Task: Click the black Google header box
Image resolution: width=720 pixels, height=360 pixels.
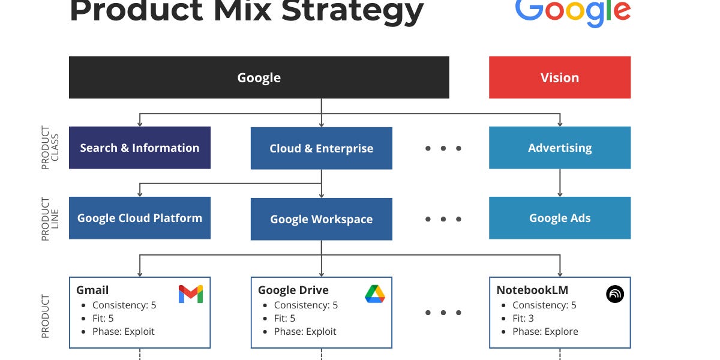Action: point(259,77)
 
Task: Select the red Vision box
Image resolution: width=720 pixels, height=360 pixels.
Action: point(559,77)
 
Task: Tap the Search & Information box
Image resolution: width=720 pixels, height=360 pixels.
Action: point(139,148)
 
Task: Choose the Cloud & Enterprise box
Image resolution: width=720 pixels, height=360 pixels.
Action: point(321,148)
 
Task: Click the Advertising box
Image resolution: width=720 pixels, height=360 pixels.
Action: point(559,148)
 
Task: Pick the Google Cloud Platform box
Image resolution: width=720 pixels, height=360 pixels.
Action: point(139,218)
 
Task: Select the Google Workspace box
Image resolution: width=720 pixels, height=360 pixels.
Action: point(321,219)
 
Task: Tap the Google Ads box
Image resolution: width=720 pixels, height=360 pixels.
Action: point(559,218)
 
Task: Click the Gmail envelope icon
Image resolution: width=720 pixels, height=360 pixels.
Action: point(191,294)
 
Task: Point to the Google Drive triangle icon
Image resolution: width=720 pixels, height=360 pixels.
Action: point(375,294)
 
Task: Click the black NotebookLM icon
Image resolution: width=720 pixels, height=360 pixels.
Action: point(615,294)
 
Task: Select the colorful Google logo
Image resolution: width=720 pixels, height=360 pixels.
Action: point(572,11)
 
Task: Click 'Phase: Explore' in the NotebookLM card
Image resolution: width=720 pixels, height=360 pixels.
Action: point(545,331)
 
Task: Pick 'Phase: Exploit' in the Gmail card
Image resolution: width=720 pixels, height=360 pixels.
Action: point(123,331)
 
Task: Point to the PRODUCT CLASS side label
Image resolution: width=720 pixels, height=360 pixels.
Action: point(46,148)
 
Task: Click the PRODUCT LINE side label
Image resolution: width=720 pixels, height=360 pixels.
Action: point(46,218)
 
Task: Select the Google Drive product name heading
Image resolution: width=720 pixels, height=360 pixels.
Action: point(293,290)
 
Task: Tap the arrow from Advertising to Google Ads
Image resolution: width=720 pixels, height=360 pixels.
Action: point(560,182)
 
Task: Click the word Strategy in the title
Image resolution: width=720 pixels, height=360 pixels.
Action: point(352,11)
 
